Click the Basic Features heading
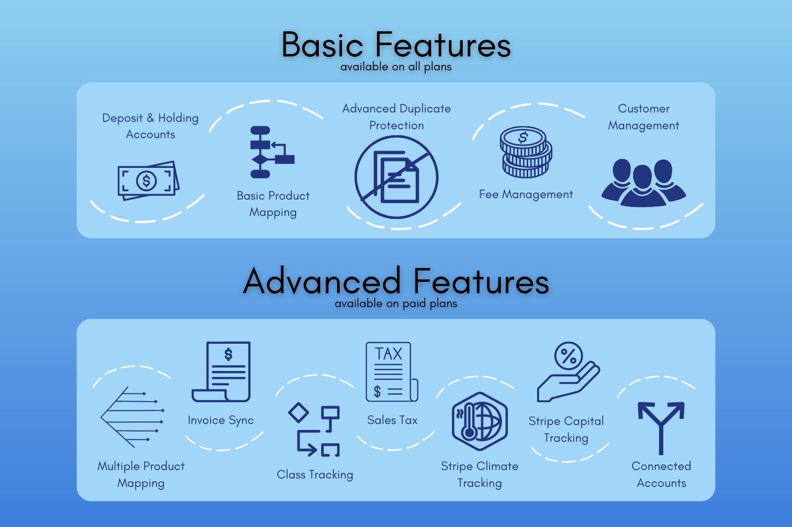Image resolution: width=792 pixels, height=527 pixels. tap(396, 45)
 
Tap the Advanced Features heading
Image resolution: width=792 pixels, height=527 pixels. tap(396, 281)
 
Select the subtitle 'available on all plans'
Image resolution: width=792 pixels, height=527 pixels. tap(396, 67)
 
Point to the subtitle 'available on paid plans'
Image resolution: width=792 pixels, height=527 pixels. tap(396, 304)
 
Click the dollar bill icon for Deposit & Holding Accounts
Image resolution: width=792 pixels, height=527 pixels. tap(148, 181)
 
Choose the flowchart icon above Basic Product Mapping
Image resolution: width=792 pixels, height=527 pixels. tap(270, 152)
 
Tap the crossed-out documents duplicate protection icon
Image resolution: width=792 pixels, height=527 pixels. tap(396, 177)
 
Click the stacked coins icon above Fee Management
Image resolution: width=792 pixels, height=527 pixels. tap(526, 152)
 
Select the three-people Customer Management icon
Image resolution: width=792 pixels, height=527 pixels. tap(643, 182)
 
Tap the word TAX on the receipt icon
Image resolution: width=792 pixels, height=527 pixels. tap(389, 354)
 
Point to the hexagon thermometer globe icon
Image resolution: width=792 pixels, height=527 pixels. tap(479, 422)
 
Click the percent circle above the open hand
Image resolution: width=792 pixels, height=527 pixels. tap(569, 356)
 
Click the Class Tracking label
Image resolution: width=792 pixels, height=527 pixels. tap(315, 474)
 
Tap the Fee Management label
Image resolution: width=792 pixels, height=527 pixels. tap(526, 195)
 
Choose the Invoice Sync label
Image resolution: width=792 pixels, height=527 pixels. tap(221, 421)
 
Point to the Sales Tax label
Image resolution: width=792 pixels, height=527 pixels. tap(393, 421)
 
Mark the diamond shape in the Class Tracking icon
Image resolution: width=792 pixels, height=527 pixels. tap(298, 413)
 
